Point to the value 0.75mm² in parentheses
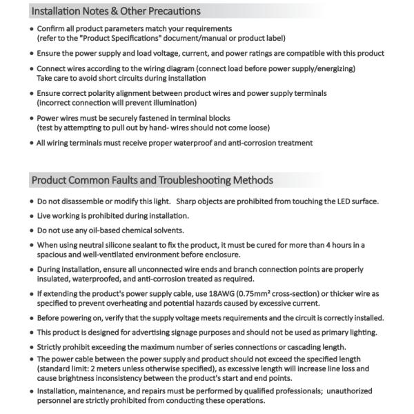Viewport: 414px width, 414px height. tap(271, 293)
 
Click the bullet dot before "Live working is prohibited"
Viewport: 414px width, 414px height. tap(31, 216)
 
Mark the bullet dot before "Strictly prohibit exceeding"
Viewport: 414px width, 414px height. tap(31, 346)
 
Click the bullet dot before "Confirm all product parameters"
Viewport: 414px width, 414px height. tap(31, 29)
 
